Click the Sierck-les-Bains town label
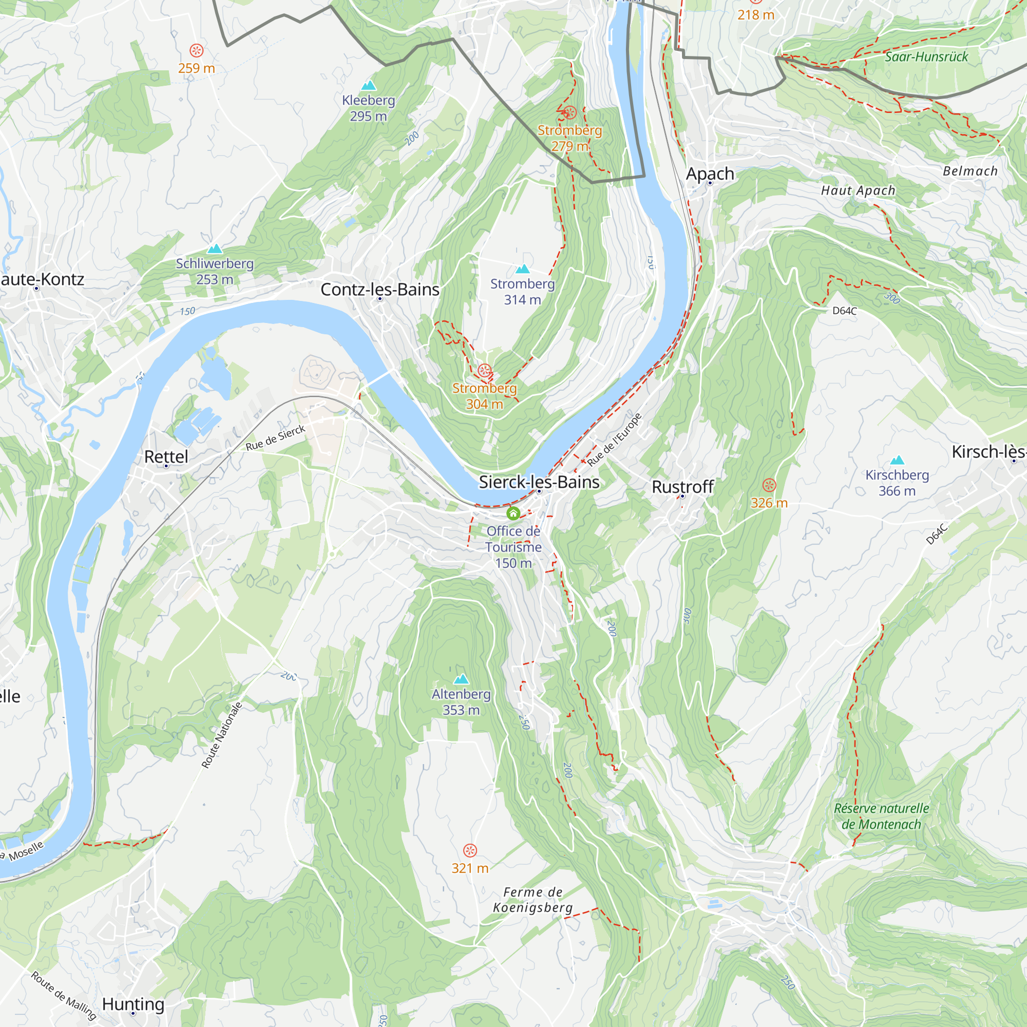pyautogui.click(x=539, y=482)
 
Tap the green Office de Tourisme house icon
pyautogui.click(x=513, y=513)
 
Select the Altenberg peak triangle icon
pyautogui.click(x=461, y=679)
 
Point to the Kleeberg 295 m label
pyautogui.click(x=368, y=108)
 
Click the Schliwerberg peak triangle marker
pyautogui.click(x=215, y=248)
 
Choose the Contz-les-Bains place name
pyautogui.click(x=379, y=289)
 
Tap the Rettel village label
pyautogui.click(x=166, y=457)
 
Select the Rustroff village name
pyautogui.click(x=682, y=486)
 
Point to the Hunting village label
pyautogui.click(x=133, y=1003)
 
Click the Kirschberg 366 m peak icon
pyautogui.click(x=897, y=460)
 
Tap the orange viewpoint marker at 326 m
pyautogui.click(x=769, y=485)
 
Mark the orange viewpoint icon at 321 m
pyautogui.click(x=470, y=850)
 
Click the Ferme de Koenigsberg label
pyautogui.click(x=532, y=900)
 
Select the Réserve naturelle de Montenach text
pyautogui.click(x=881, y=816)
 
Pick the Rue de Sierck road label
pyautogui.click(x=275, y=438)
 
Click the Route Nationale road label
pyautogui.click(x=222, y=735)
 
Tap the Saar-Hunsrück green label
pyautogui.click(x=926, y=57)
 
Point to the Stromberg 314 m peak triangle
pyautogui.click(x=523, y=269)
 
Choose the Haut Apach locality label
pyautogui.click(x=858, y=191)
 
